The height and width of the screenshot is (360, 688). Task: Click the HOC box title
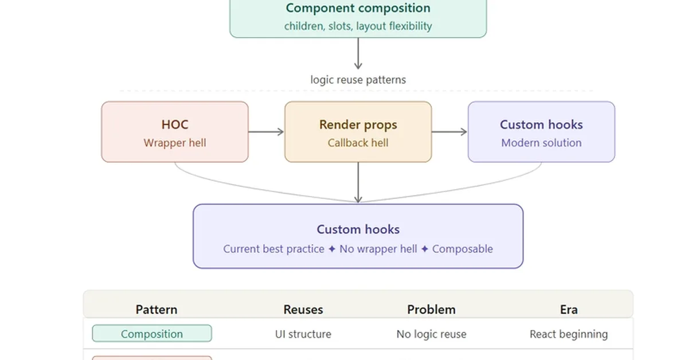click(x=175, y=124)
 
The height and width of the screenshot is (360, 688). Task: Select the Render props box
click(x=358, y=132)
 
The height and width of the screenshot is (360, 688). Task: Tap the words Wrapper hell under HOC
click(x=175, y=143)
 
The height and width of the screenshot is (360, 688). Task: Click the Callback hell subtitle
click(x=358, y=143)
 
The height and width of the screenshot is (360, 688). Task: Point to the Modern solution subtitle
click(x=541, y=143)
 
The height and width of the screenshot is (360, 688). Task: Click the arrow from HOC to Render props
click(x=266, y=132)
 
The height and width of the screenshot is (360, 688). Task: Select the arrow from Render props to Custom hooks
click(x=449, y=132)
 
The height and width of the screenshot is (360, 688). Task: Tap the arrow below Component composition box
click(x=358, y=54)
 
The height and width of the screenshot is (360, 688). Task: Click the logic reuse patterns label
click(x=358, y=80)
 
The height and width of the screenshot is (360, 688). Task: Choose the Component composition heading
click(x=358, y=8)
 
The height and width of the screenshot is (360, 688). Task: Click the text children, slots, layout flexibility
click(x=358, y=26)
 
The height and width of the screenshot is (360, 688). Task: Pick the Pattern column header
click(x=157, y=310)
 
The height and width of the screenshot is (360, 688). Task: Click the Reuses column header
click(x=303, y=310)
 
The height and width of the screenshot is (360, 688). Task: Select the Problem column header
click(x=431, y=310)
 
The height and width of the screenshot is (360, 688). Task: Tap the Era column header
click(x=569, y=310)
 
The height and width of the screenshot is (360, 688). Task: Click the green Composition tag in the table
click(x=152, y=334)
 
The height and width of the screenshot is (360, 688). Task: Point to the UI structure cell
click(x=303, y=334)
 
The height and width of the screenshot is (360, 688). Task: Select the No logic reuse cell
click(x=431, y=334)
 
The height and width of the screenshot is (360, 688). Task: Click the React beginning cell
click(x=569, y=334)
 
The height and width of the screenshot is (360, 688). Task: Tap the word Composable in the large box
click(x=462, y=249)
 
